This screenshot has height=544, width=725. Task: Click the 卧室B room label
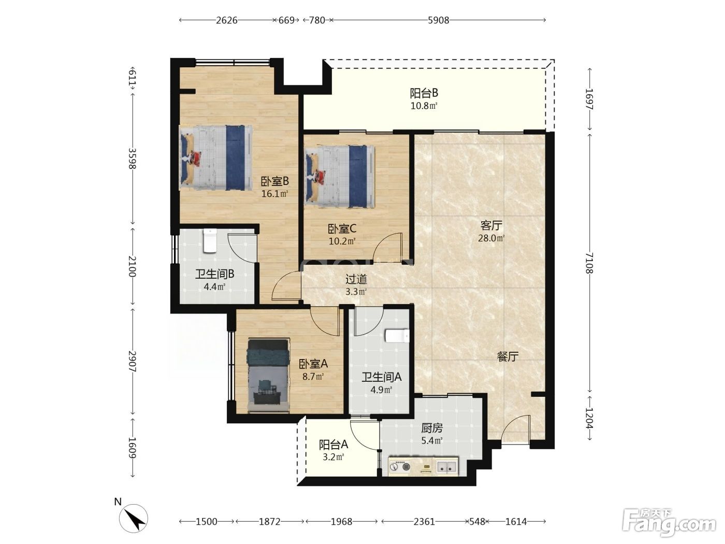(x=274, y=181)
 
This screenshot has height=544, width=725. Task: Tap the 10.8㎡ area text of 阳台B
(x=424, y=106)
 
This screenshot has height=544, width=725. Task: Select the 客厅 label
(x=491, y=225)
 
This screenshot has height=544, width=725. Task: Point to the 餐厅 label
(x=508, y=356)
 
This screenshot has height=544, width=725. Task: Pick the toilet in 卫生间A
(x=397, y=336)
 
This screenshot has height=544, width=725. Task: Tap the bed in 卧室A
(x=268, y=376)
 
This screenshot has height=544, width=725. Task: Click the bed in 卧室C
(x=340, y=177)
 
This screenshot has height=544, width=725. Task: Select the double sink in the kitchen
(x=446, y=467)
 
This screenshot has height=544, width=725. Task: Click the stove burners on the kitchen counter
(x=400, y=467)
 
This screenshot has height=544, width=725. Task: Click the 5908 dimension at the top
(x=438, y=20)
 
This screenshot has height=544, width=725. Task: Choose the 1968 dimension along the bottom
(x=341, y=522)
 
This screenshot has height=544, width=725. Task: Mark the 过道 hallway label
(x=356, y=279)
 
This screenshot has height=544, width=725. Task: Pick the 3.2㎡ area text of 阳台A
(x=334, y=457)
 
